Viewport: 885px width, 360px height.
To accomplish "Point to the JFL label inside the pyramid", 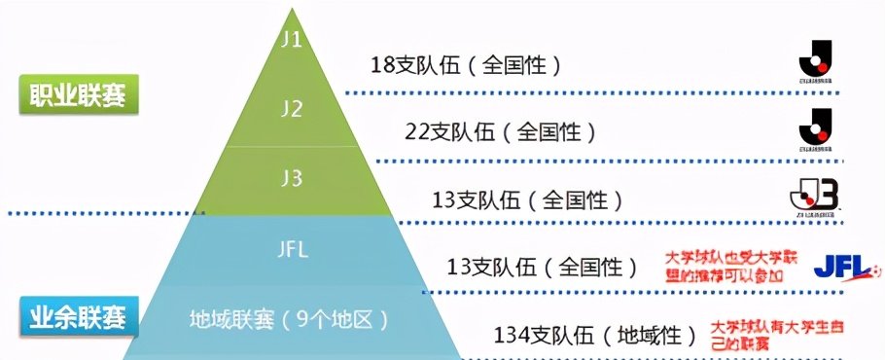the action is [291, 249].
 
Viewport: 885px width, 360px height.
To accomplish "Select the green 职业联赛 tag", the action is [79, 96].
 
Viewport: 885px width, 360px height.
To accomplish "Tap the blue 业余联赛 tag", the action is [79, 317].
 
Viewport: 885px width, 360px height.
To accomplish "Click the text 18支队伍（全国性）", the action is [467, 66].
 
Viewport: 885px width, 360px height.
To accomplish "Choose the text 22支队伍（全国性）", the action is [500, 130].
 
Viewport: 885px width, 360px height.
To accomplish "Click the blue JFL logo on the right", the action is [846, 265].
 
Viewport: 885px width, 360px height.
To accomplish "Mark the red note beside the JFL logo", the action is [726, 267].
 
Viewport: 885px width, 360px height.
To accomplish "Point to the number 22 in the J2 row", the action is [418, 130].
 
